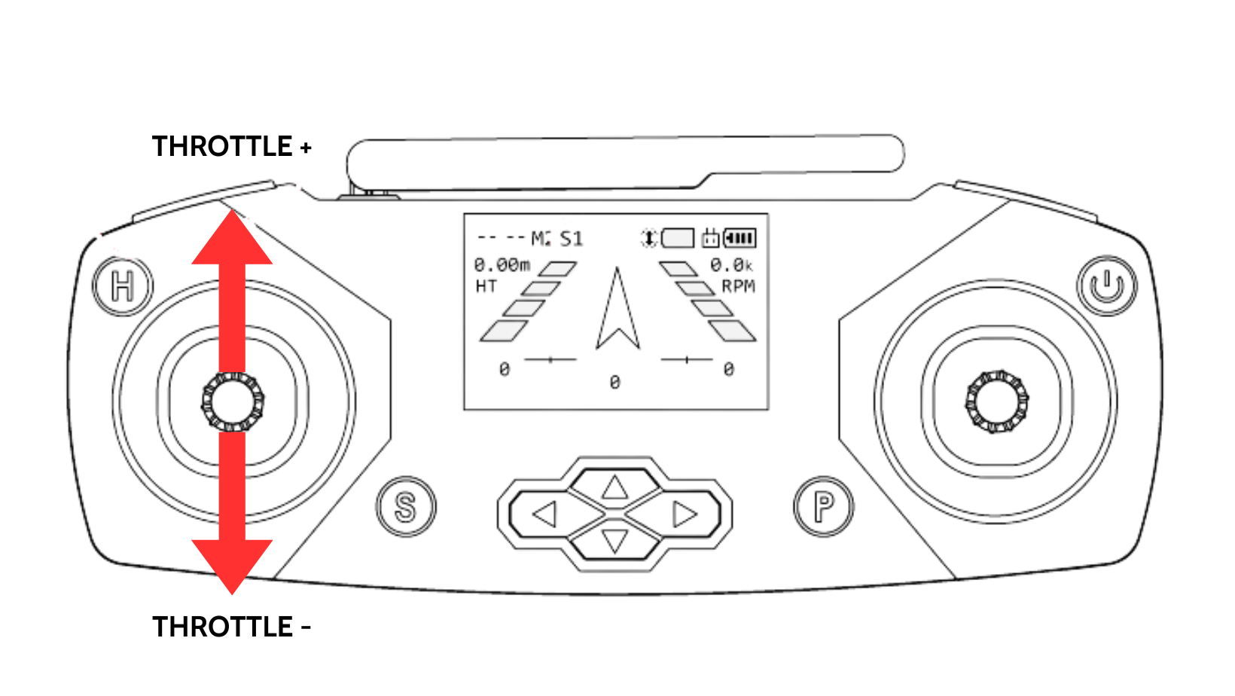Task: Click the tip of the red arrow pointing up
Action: point(232,209)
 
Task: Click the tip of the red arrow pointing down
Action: point(232,594)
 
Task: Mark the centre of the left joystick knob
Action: point(232,402)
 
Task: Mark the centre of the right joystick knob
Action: point(996,401)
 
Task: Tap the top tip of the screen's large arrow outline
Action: point(617,267)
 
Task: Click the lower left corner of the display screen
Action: point(464,410)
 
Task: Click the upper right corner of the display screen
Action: point(769,213)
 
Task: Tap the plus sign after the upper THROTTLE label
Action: point(306,147)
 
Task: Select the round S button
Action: point(406,506)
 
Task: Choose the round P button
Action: point(824,506)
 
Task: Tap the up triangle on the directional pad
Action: point(614,487)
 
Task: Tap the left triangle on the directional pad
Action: point(546,514)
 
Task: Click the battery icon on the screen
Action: point(740,238)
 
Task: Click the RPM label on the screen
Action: point(738,286)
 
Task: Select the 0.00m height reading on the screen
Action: point(502,265)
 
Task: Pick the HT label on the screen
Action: point(486,286)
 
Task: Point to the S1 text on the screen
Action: point(571,239)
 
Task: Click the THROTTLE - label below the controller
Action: point(232,627)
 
